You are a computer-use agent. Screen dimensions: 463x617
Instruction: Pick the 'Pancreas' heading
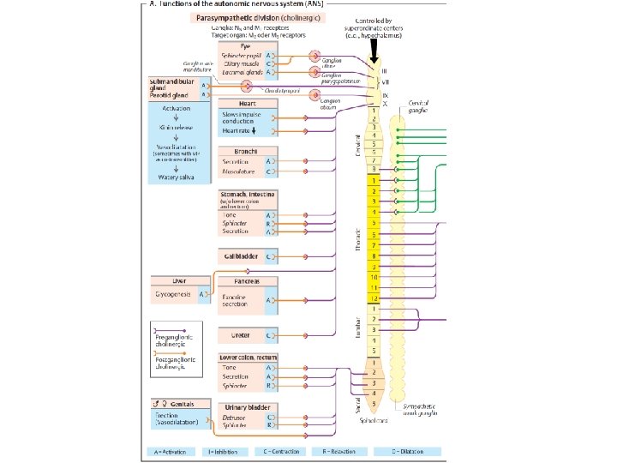[238, 280]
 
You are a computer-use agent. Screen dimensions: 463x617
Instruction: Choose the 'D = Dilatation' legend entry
[410, 451]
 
